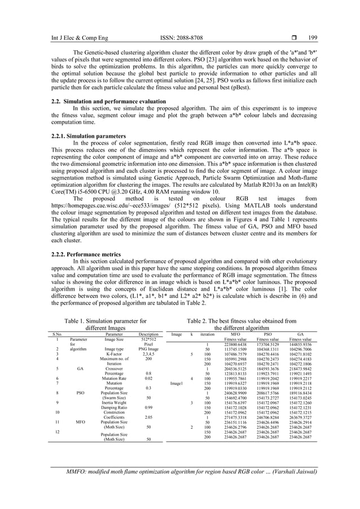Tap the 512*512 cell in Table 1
[149, 339]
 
